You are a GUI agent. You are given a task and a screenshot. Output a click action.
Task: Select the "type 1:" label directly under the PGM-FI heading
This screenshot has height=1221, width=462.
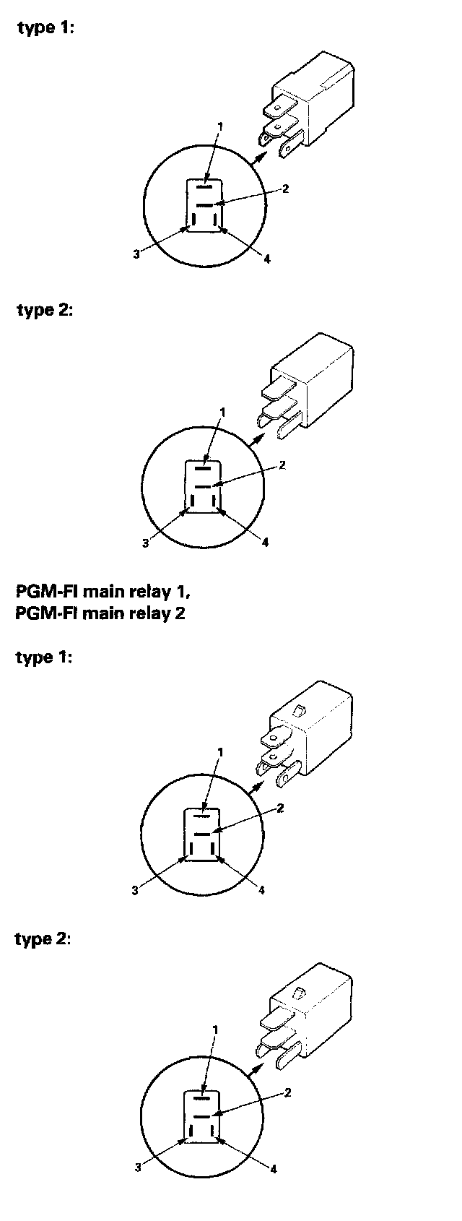pyautogui.click(x=44, y=657)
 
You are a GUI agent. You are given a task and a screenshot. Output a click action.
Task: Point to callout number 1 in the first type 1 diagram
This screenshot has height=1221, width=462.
pyautogui.click(x=220, y=126)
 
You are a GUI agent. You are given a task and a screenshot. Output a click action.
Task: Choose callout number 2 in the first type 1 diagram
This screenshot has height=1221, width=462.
pyautogui.click(x=285, y=189)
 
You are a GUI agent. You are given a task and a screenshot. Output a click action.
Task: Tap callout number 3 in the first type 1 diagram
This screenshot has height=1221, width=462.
pyautogui.click(x=136, y=254)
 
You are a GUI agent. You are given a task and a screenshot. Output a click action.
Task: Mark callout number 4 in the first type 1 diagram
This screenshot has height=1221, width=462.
pyautogui.click(x=267, y=259)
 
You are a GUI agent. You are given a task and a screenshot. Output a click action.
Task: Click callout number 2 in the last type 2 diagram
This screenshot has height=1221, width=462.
pyautogui.click(x=287, y=1092)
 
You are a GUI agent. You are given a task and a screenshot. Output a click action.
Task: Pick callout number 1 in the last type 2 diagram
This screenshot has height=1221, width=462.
pyautogui.click(x=215, y=1029)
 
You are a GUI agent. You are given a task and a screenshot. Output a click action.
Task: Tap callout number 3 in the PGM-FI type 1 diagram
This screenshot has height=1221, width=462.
pyautogui.click(x=135, y=890)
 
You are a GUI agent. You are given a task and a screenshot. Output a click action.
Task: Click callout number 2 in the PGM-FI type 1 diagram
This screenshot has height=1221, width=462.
pyautogui.click(x=280, y=808)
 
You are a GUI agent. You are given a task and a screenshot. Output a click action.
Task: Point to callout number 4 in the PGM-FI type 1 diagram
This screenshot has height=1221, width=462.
pyautogui.click(x=261, y=890)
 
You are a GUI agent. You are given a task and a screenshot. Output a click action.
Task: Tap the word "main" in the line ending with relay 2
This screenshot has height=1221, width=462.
pyautogui.click(x=105, y=614)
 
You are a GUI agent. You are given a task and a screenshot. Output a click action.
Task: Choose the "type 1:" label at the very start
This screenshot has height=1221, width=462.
pyautogui.click(x=45, y=28)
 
